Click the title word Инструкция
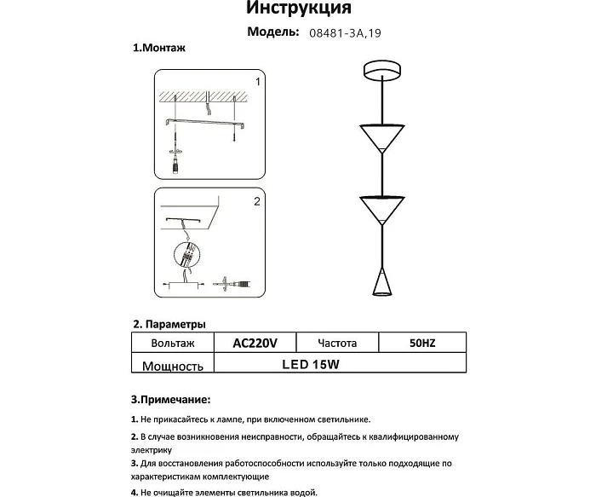point(298,9)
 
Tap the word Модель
point(272,32)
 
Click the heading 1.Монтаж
point(159,49)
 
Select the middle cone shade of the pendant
point(382,208)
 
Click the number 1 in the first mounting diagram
point(257,82)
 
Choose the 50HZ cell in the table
point(422,344)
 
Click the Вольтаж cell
point(172,344)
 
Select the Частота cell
point(337,344)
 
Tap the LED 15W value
point(317,364)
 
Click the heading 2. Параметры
point(169,325)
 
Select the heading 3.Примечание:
point(170,399)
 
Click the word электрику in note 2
point(152,449)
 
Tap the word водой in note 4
point(302,492)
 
